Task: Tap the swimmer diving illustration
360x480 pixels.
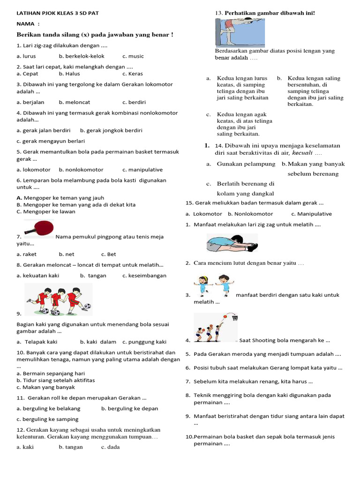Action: [240, 33]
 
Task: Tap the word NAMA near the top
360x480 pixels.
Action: [25, 23]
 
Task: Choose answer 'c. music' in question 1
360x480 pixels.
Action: [133, 56]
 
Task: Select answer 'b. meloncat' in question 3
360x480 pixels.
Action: [75, 102]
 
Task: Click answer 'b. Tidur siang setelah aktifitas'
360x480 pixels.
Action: [55, 380]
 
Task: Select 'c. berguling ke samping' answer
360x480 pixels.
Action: [47, 419]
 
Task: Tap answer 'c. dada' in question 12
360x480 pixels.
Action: [110, 447]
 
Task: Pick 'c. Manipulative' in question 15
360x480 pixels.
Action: [311, 214]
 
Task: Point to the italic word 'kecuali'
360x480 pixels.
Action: [302, 153]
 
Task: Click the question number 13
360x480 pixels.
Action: [218, 13]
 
